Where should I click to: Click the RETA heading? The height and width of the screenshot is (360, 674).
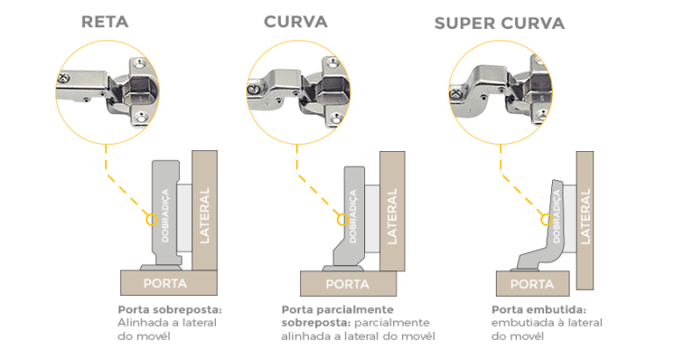[104, 22]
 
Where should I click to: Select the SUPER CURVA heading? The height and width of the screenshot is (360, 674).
[499, 22]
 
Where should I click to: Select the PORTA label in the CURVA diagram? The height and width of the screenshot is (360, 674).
[348, 284]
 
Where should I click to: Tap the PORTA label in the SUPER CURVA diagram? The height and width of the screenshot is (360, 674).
[532, 284]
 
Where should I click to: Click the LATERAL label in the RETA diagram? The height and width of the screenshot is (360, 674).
[204, 214]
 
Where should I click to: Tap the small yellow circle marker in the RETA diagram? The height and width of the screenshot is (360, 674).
[150, 219]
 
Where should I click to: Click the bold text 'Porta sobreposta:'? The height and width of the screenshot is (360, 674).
[170, 310]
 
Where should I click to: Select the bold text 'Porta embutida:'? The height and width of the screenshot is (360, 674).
[538, 310]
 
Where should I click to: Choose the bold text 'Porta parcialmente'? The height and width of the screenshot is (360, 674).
[337, 310]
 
